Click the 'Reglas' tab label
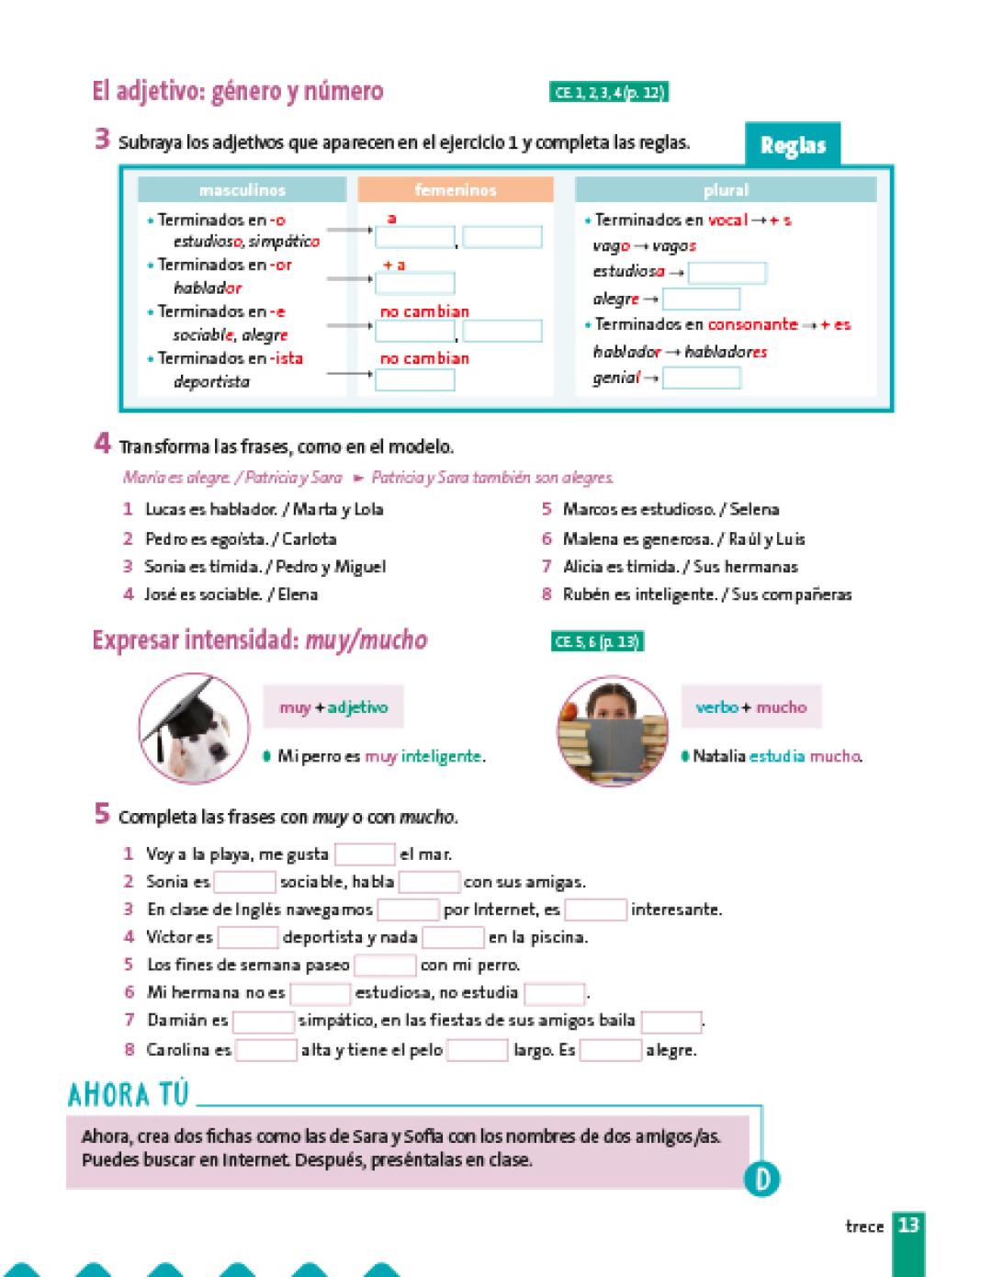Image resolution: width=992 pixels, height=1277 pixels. (793, 146)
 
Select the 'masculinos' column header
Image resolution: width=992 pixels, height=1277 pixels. (242, 190)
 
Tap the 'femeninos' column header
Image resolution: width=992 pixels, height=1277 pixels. (456, 190)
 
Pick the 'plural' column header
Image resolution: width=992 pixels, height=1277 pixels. (726, 190)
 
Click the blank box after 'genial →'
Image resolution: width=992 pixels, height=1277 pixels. (701, 378)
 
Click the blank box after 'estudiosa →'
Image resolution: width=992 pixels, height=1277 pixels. (727, 273)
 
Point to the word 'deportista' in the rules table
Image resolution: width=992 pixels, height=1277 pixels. (211, 381)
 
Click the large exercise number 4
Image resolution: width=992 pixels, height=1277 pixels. (103, 444)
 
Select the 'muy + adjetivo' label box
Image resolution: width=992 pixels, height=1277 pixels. (333, 707)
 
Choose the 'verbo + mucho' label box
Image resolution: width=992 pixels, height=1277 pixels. (751, 707)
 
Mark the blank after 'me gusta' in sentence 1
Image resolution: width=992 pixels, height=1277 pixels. (364, 854)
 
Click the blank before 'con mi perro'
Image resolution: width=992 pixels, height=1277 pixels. (385, 966)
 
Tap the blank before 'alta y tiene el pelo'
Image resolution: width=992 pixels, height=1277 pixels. (266, 1050)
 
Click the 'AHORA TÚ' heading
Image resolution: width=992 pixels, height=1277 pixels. (128, 1095)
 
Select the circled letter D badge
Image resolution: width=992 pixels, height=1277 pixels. (762, 1179)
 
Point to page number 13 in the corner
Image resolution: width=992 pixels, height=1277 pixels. (908, 1226)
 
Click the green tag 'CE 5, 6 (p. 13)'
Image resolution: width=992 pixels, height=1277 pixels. (597, 642)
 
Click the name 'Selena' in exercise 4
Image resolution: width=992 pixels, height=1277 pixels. (754, 509)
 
